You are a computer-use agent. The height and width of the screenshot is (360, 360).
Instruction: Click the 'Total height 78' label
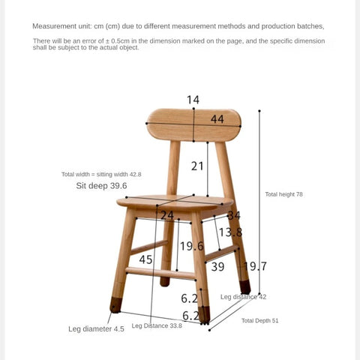click(283, 194)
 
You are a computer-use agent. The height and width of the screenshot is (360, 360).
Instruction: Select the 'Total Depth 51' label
click(259, 320)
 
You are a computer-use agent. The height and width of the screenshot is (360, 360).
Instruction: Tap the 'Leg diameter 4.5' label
click(96, 328)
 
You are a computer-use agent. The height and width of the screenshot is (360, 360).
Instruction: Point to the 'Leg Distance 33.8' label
click(157, 325)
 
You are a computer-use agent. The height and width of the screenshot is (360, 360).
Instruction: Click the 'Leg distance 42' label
click(243, 297)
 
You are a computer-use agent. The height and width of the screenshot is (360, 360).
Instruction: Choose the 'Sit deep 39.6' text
click(101, 185)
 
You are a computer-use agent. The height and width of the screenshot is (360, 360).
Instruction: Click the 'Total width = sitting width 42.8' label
click(101, 174)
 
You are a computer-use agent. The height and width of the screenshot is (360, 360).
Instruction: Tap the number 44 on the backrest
click(217, 118)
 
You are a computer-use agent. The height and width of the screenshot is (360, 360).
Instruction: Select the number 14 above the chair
click(193, 100)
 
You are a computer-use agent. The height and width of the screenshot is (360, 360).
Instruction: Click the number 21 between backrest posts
click(196, 166)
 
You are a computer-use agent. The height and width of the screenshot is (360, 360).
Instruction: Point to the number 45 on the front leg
click(145, 259)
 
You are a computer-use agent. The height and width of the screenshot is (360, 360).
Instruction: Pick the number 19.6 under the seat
click(191, 246)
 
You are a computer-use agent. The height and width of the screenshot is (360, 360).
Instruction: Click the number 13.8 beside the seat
click(230, 232)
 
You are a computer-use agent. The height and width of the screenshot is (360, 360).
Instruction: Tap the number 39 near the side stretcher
click(217, 266)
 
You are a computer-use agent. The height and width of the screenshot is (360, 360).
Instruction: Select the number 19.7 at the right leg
click(255, 265)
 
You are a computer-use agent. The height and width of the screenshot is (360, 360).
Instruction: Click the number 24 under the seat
click(166, 215)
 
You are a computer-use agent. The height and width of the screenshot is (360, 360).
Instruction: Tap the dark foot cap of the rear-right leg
click(245, 287)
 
